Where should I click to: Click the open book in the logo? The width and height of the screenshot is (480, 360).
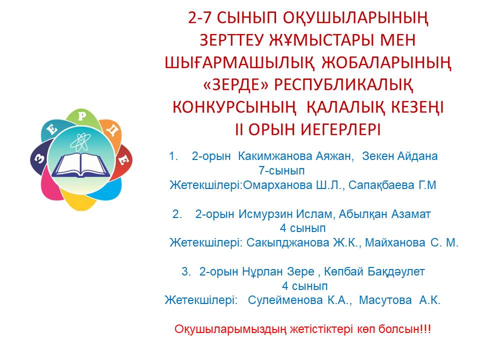point(81,165)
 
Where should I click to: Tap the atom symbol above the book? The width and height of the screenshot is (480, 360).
point(80,141)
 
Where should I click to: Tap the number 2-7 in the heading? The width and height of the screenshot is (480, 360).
point(199,18)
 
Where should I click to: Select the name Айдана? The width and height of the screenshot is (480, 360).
point(417,156)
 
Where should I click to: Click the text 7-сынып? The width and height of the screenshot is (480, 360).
point(281,170)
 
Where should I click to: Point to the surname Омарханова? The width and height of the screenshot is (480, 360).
point(277,185)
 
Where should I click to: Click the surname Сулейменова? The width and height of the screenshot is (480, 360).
point(285,300)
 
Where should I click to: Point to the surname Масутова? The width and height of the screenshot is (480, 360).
point(385,300)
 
